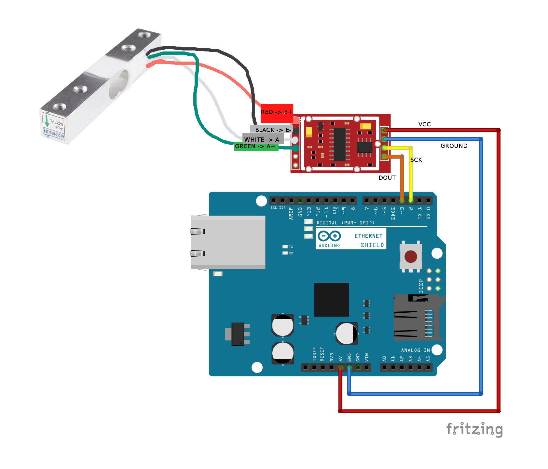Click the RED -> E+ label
277,112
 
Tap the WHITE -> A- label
263,140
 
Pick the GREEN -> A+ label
255,147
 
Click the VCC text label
424,124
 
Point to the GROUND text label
454,146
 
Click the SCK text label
416,160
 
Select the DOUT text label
387,178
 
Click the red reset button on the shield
411,257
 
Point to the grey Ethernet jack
228,242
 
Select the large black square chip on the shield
331,300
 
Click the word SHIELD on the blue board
372,245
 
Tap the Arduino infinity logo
329,236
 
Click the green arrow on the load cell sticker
47,121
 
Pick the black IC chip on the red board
339,144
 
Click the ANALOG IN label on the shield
415,350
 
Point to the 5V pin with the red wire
340,368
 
